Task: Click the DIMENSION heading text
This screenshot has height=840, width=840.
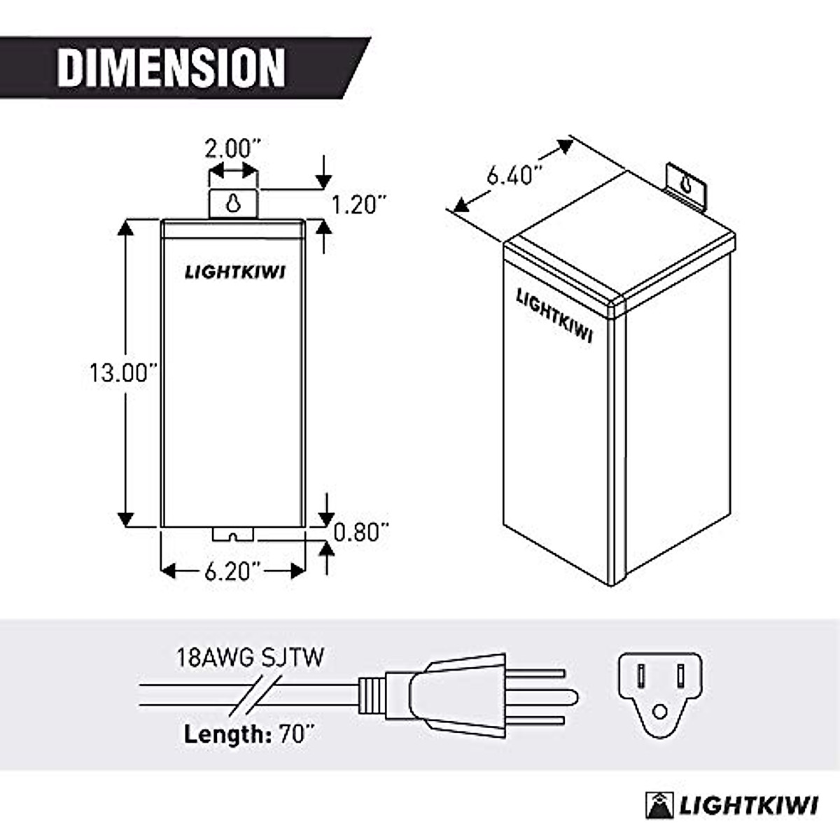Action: click(171, 67)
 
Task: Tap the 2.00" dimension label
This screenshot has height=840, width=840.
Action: click(232, 148)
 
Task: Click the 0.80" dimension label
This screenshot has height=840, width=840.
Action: click(360, 533)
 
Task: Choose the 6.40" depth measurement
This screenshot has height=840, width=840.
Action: click(514, 173)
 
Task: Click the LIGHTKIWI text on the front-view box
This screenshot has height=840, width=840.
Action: click(234, 272)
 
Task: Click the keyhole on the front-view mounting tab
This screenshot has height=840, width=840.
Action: click(232, 203)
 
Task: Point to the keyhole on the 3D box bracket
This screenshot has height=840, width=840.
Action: click(687, 185)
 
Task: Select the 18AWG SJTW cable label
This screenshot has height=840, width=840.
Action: click(250, 658)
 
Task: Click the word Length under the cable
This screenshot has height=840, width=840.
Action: click(223, 734)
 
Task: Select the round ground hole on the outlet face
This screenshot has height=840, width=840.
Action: click(659, 713)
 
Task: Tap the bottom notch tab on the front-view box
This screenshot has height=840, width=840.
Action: click(234, 535)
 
